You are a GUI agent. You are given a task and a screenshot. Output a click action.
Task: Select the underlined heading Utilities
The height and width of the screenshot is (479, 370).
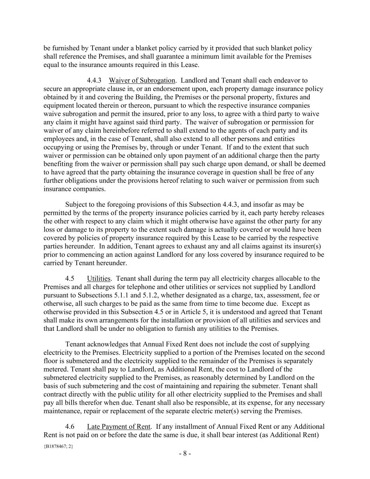pyautogui.click(x=99, y=278)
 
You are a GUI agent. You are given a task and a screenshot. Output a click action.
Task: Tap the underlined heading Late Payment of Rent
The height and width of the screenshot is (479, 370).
pyautogui.click(x=119, y=426)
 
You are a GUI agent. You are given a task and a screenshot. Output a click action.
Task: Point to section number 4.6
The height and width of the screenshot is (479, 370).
pyautogui.click(x=70, y=426)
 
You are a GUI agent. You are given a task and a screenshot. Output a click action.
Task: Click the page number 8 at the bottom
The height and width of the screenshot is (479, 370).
pyautogui.click(x=185, y=453)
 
